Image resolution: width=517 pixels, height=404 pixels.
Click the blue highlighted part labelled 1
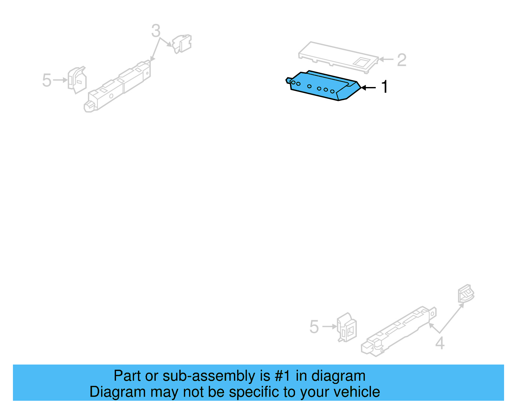tap(323, 86)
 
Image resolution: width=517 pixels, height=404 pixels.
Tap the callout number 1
tap(384, 87)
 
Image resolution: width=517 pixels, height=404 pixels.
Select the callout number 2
tap(401, 60)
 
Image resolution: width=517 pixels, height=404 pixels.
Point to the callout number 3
tap(156, 31)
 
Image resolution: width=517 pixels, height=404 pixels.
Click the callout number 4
tap(439, 343)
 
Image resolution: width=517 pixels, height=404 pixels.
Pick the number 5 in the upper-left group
tap(47, 80)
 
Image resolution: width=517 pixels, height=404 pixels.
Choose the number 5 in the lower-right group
tap(314, 327)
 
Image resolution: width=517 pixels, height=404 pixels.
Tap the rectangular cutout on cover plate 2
tap(362, 62)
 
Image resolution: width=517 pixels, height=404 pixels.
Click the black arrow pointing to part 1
tap(368, 87)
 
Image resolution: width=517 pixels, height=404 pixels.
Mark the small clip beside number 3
tap(182, 44)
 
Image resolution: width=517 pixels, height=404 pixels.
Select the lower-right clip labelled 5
tap(347, 327)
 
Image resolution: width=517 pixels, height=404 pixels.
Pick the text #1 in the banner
tap(282, 376)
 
